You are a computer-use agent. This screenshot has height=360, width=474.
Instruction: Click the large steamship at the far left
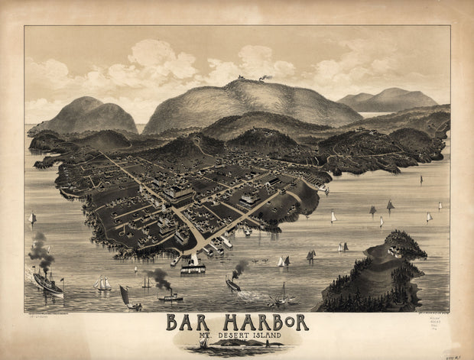click(x=47, y=283)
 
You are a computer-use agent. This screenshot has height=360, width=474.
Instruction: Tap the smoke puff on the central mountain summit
click(x=265, y=77)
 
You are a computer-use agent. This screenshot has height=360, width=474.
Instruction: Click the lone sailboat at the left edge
click(x=32, y=219)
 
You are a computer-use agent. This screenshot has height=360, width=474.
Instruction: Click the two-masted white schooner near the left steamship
click(x=102, y=284)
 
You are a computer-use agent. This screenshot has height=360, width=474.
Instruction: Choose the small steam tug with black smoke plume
click(x=170, y=294)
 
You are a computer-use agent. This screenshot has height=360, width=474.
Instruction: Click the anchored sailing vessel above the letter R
click(x=282, y=296)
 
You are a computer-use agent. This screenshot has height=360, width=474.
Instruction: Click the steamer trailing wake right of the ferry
click(x=233, y=284)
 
